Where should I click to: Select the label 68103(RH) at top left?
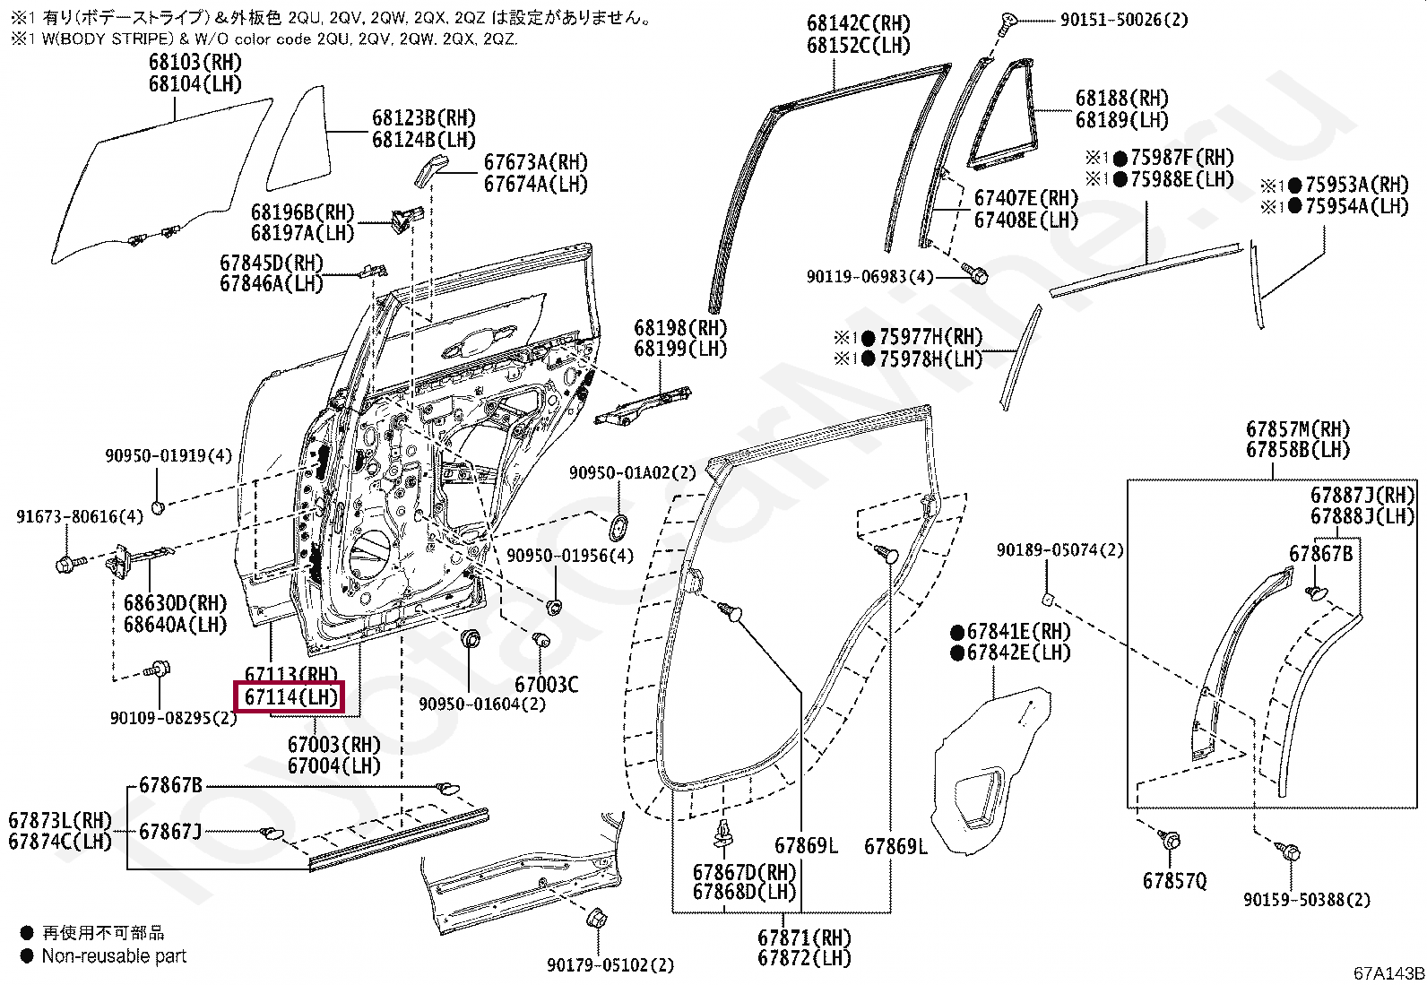pyautogui.click(x=195, y=63)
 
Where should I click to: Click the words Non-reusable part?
pyautogui.click(x=114, y=956)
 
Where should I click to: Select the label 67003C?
pyautogui.click(x=546, y=685)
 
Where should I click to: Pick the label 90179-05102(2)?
pyautogui.click(x=610, y=965)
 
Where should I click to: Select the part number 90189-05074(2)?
pyautogui.click(x=1059, y=550)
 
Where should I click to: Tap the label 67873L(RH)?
pyautogui.click(x=61, y=820)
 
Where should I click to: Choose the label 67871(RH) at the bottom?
pyautogui.click(x=804, y=937)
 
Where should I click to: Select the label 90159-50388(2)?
pyautogui.click(x=1306, y=900)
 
